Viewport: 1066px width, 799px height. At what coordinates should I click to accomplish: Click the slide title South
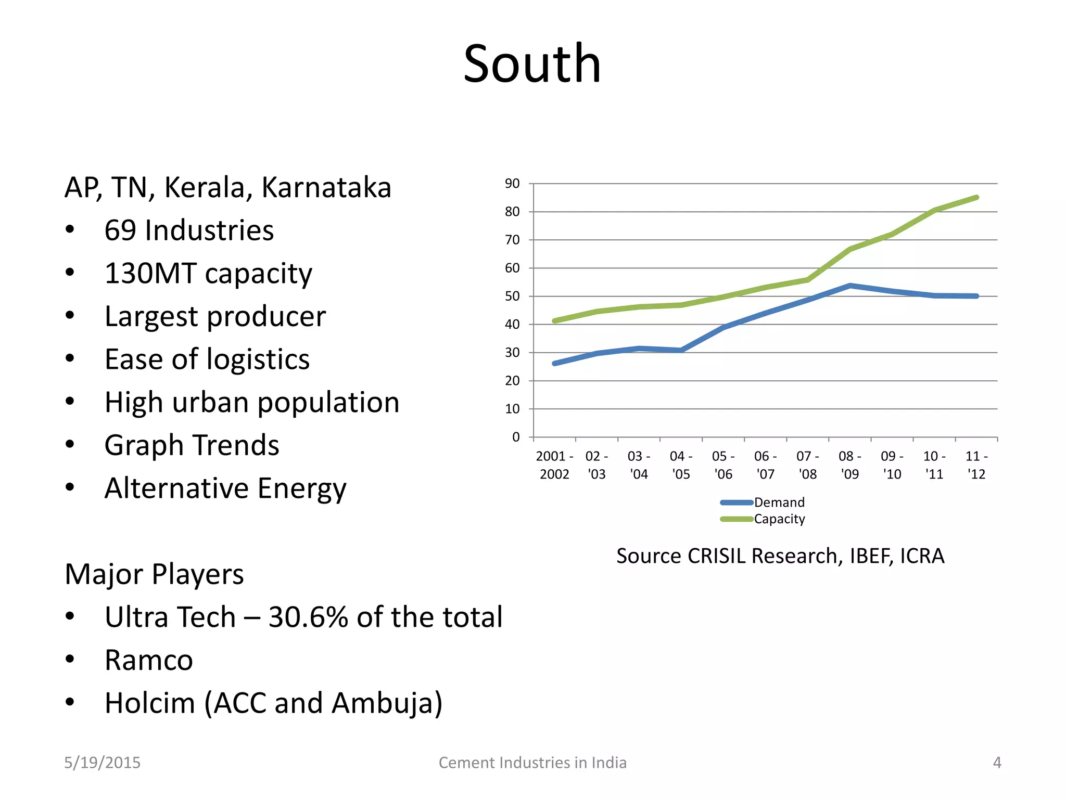532,65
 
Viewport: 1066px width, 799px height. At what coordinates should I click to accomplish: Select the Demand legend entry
779,502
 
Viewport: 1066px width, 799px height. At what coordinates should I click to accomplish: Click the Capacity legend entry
779,519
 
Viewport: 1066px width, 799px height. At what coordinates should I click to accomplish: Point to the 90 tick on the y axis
512,184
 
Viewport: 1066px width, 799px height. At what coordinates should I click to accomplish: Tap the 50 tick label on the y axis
512,297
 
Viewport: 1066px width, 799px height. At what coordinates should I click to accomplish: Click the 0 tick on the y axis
516,437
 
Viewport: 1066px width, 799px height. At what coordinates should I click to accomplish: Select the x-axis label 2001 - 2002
554,465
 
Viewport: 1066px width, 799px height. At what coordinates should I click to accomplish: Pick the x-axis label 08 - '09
849,465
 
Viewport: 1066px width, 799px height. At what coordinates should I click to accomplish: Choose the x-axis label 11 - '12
976,465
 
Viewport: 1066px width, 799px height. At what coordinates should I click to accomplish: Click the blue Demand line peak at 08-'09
850,286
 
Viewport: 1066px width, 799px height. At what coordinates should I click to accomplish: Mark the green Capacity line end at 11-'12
976,198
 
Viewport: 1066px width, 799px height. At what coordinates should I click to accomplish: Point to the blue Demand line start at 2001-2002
555,363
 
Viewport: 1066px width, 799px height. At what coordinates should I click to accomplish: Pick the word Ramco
149,661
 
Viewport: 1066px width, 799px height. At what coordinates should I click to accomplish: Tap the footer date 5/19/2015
102,763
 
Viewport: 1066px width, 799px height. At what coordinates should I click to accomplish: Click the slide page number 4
997,763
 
